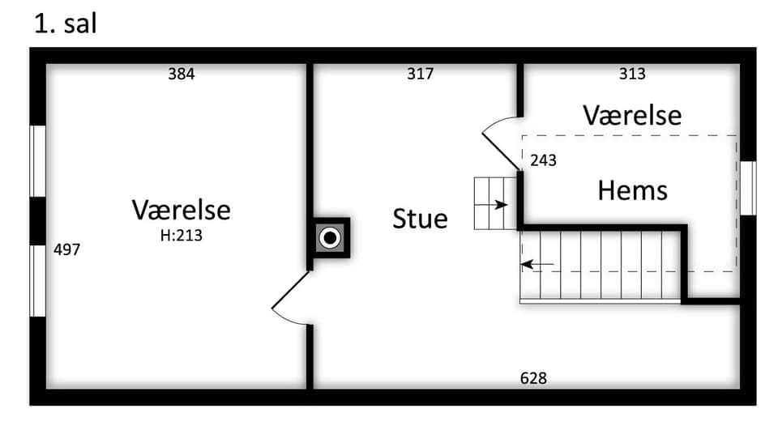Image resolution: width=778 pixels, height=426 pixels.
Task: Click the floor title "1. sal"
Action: (65, 23)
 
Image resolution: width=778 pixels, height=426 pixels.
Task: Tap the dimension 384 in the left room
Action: (182, 75)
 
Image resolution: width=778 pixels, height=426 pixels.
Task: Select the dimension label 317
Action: (420, 75)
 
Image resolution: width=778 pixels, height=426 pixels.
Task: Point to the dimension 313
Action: (632, 75)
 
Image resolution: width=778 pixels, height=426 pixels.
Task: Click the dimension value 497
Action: (66, 250)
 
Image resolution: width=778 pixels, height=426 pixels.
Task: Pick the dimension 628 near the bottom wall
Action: (533, 378)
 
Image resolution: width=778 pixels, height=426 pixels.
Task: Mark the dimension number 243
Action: (543, 161)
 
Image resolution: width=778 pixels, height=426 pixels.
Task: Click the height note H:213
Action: (182, 236)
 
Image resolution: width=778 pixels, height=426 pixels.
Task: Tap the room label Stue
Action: (420, 219)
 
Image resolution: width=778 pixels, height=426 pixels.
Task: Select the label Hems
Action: (633, 190)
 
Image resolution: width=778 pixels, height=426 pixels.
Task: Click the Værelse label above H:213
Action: (182, 210)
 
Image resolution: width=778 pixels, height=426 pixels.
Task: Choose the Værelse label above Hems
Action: (632, 115)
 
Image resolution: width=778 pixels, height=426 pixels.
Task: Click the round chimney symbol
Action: (329, 238)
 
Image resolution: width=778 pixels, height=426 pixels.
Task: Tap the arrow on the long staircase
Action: (537, 264)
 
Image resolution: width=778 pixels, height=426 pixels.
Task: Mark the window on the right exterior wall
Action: (748, 188)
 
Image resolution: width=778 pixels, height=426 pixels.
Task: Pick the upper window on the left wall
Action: (37, 161)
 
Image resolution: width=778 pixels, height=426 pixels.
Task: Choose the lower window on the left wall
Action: (37, 280)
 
